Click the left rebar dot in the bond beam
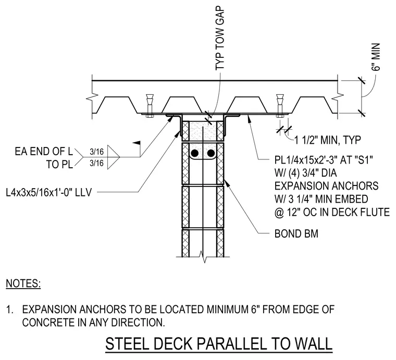(x=195, y=153)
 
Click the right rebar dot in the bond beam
(x=211, y=153)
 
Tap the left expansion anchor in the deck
(x=150, y=106)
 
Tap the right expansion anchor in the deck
(x=280, y=106)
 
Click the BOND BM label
(x=296, y=234)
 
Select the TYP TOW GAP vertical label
(x=220, y=39)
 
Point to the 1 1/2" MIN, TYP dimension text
(x=328, y=140)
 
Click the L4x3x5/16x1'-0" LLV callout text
(x=49, y=193)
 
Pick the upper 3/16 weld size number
(x=96, y=152)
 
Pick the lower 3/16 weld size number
(x=96, y=163)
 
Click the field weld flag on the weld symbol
(x=137, y=143)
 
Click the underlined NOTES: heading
(x=23, y=283)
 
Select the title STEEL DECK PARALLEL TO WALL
(x=219, y=344)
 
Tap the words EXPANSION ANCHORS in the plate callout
(x=326, y=186)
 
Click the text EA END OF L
(x=44, y=152)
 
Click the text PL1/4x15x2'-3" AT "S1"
(x=324, y=160)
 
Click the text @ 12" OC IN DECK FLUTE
(x=332, y=212)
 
